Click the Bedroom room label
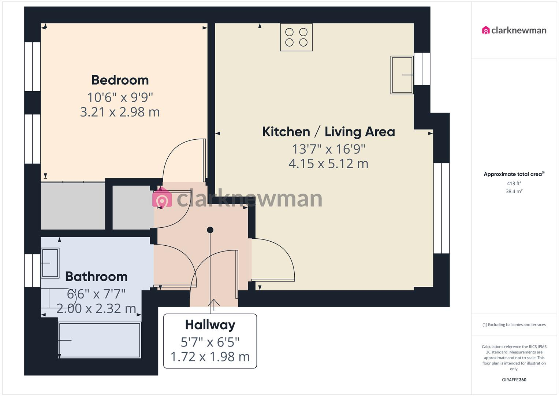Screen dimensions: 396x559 coord(120,80)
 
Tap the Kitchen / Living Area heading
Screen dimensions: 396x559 coord(328,132)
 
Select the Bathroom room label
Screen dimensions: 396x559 coord(96,276)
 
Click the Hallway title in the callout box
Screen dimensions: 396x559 coord(210,325)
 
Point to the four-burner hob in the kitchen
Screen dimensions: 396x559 coord(296,37)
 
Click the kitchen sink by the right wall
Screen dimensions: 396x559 coord(402,75)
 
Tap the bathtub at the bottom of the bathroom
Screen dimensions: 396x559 coord(100,340)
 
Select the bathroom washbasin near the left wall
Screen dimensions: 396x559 coord(50,263)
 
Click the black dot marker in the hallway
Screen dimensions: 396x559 coord(210,230)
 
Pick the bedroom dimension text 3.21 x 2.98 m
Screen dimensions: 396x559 coord(120,112)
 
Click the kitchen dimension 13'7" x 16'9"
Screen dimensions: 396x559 coord(328,149)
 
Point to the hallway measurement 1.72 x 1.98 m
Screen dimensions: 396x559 coord(210,356)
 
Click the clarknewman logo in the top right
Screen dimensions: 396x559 coord(514,30)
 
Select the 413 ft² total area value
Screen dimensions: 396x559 coord(514,183)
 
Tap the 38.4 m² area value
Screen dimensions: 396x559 coord(514,191)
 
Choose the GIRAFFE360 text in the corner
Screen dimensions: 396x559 coord(514,380)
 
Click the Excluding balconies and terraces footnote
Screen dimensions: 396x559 coord(514,324)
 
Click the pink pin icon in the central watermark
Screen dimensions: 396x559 coord(162,199)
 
